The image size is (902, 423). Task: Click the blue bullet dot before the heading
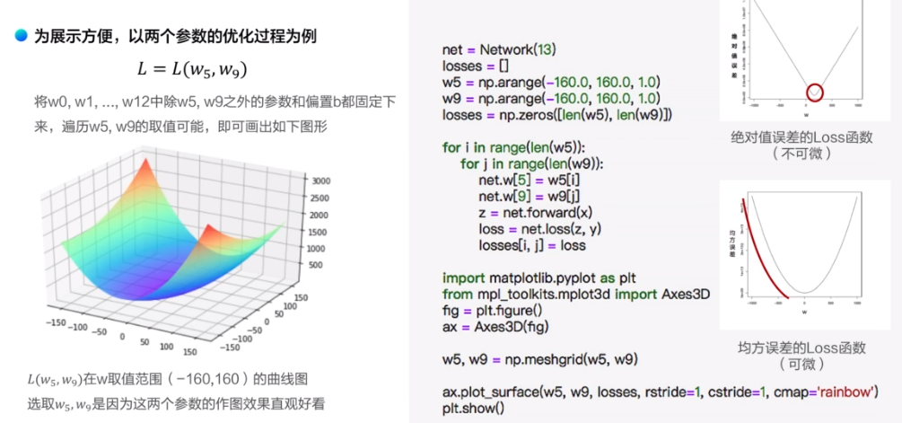click(21, 38)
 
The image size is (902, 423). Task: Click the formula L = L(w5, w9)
click(193, 68)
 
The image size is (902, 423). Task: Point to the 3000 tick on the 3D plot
click(320, 181)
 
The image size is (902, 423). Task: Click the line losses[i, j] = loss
click(533, 244)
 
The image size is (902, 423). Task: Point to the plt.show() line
click(473, 409)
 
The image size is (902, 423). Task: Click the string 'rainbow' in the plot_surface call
click(843, 392)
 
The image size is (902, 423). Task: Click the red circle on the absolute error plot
click(814, 92)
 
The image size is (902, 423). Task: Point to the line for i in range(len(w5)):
click(512, 146)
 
